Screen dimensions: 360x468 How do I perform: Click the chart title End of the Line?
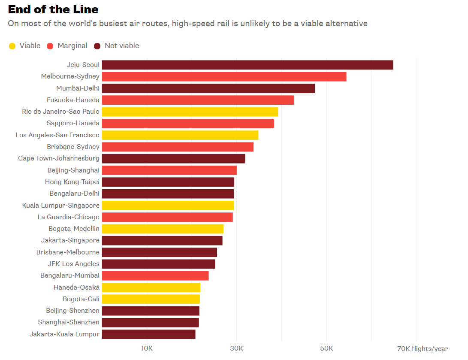point(53,9)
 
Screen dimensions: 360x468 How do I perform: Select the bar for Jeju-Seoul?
point(247,65)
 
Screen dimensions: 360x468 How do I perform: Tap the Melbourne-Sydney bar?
point(224,76)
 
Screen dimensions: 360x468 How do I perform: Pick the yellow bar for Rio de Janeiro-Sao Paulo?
point(190,112)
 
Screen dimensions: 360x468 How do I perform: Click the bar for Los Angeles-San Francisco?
point(180,135)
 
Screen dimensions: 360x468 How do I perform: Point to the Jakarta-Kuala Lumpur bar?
point(148,334)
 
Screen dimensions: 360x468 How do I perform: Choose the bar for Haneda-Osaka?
point(151,287)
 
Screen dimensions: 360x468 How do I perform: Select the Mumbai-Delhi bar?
point(208,88)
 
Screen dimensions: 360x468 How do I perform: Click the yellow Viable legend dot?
point(12,46)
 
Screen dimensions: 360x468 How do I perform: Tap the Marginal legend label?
point(72,46)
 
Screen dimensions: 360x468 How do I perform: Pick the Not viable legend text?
point(122,46)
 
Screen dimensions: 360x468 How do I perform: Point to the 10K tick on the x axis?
point(147,348)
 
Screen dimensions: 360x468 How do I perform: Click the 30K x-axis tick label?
point(236,348)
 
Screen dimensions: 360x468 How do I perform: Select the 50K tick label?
point(326,348)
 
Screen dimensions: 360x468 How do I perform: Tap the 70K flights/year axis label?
point(422,348)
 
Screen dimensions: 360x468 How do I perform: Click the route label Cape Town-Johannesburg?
point(59,158)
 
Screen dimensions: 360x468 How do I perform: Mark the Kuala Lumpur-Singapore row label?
point(61,206)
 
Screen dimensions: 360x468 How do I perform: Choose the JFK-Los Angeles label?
point(73,264)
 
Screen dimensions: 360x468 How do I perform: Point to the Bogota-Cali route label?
point(81,299)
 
